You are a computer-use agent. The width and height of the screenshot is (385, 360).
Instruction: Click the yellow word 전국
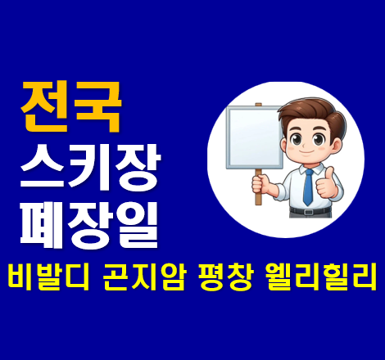point(70,105)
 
